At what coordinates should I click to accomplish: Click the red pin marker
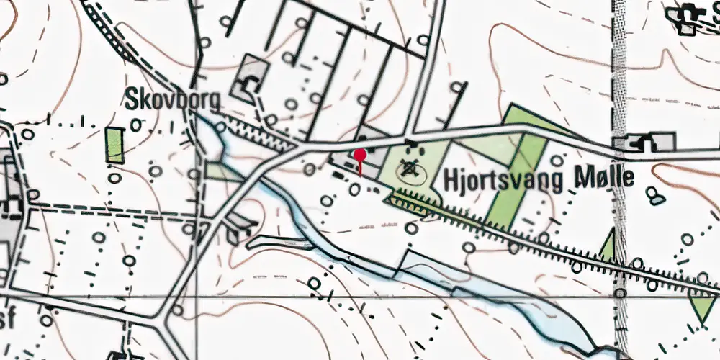point(360,155)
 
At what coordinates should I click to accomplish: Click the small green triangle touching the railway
point(608,246)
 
